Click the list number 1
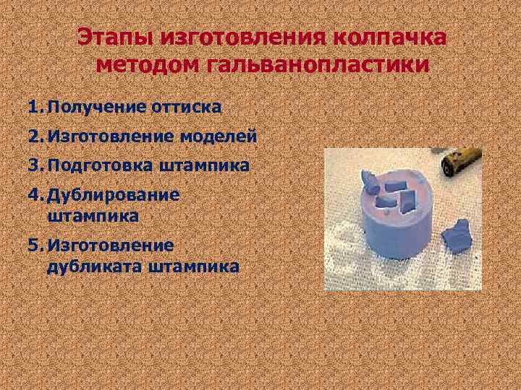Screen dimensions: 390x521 click(x=34, y=108)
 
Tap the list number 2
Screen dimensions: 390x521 click(x=34, y=136)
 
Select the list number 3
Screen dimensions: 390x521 click(x=34, y=165)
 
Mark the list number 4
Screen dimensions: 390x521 click(x=34, y=195)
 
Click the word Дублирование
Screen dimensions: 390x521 click(x=114, y=195)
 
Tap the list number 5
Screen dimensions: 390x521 click(x=34, y=246)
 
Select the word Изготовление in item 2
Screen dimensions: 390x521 click(x=109, y=136)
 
